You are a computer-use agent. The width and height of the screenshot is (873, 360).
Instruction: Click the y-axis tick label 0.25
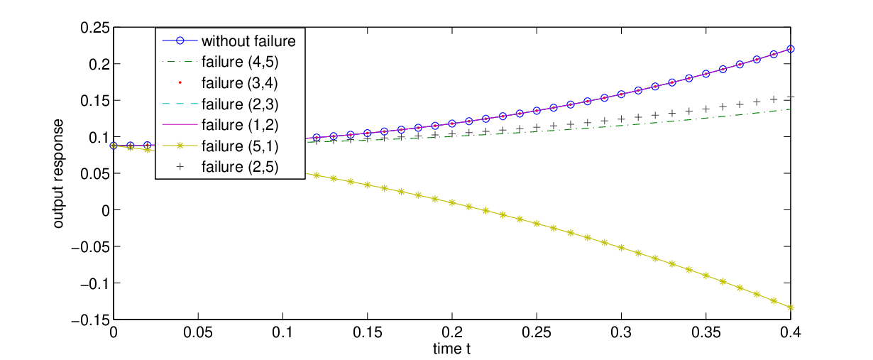click(94, 28)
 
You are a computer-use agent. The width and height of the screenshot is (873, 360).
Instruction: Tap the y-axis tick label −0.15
click(90, 320)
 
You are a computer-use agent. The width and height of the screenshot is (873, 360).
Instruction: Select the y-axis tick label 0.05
click(94, 174)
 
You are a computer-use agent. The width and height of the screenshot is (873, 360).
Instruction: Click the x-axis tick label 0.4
click(791, 332)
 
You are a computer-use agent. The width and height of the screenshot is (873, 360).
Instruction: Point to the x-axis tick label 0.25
click(537, 332)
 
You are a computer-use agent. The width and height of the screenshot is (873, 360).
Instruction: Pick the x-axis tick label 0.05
click(198, 332)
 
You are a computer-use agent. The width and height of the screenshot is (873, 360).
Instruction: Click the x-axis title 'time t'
click(451, 349)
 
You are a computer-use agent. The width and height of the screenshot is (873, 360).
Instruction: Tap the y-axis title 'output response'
click(58, 173)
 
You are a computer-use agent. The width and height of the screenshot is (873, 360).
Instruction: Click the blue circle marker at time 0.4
click(791, 49)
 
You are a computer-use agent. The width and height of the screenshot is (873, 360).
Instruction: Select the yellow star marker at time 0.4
click(791, 307)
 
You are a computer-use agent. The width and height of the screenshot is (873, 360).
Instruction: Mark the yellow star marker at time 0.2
click(452, 202)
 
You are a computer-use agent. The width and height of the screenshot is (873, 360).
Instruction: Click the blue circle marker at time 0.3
click(621, 94)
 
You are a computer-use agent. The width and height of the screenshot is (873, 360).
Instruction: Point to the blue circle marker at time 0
click(114, 146)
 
